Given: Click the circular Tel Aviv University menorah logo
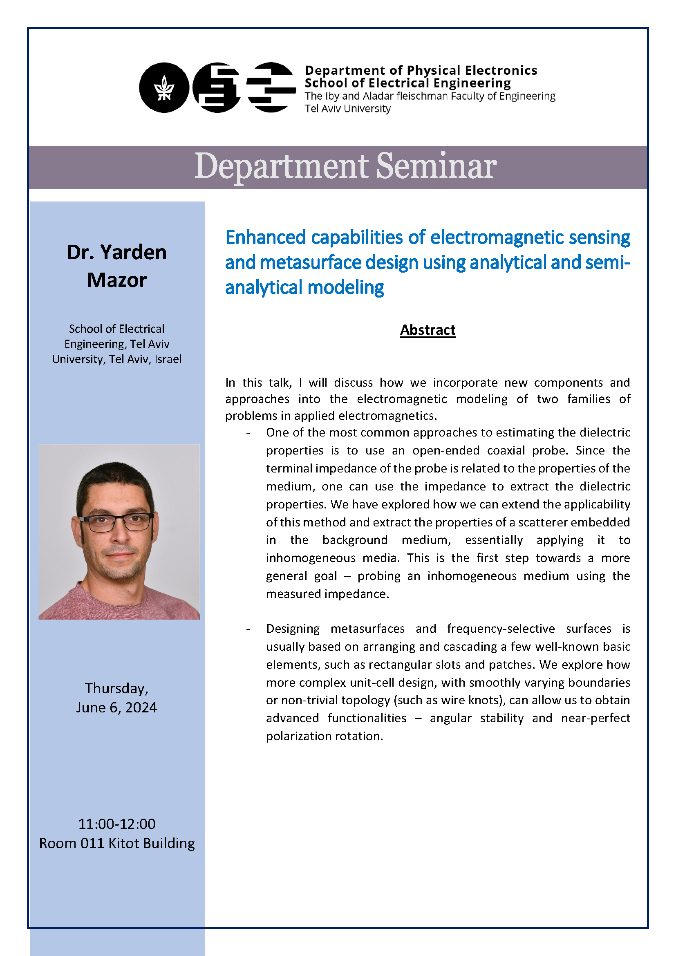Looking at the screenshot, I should [x=164, y=87].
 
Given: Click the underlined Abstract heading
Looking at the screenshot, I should [x=428, y=330].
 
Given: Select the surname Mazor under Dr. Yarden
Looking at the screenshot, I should [x=116, y=280].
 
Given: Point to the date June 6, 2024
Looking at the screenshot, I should [x=116, y=707].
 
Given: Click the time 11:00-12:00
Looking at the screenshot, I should [x=116, y=824].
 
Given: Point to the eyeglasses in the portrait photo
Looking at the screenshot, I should [x=116, y=521].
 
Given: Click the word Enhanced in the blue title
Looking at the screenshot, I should [x=265, y=238].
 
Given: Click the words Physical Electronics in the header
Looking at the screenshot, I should [x=472, y=70].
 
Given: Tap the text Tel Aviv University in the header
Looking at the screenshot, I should [x=347, y=109].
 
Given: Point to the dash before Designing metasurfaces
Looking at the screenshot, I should [x=248, y=629].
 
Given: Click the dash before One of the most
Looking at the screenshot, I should [x=248, y=433].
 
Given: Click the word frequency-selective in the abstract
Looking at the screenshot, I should [x=501, y=629].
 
